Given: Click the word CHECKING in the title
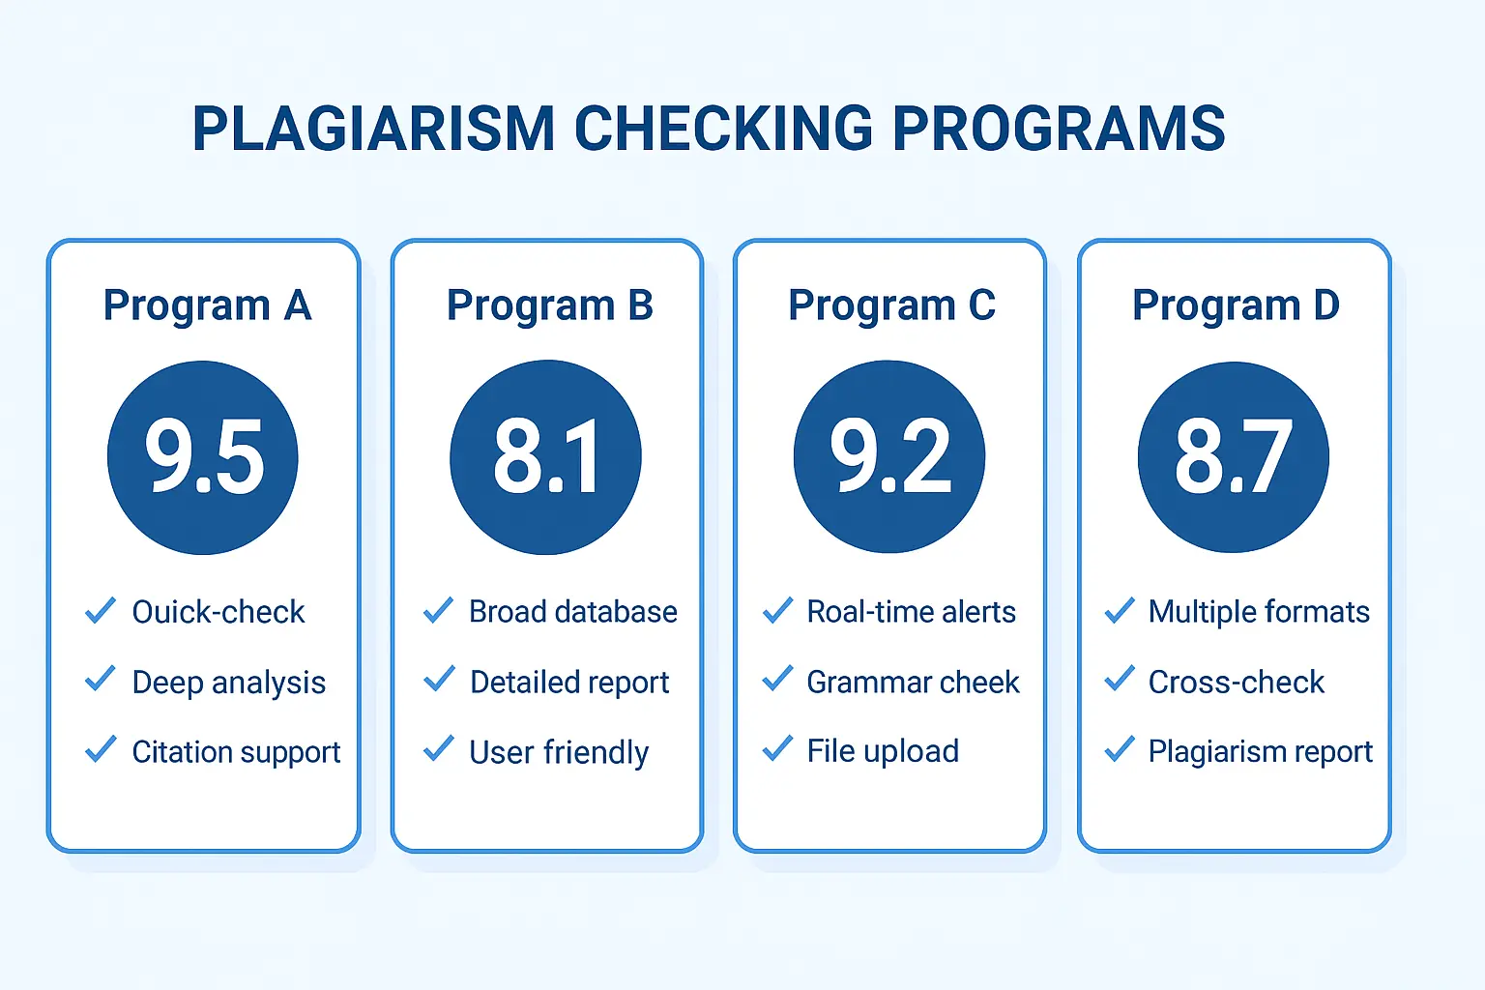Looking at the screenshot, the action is (x=724, y=128).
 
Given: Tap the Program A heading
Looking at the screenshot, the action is (x=207, y=306).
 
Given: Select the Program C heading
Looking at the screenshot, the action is (x=891, y=306).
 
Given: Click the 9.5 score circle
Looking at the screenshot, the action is (x=203, y=457).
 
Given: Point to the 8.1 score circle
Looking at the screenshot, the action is (x=545, y=457).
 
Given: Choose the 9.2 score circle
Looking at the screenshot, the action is (x=889, y=457).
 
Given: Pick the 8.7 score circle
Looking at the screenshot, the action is (x=1233, y=457).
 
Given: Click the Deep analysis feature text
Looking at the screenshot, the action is (x=229, y=683).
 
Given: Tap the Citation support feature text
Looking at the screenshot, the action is (x=236, y=752).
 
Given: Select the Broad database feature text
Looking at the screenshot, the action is (x=572, y=611).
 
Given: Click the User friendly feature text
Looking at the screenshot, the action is (x=559, y=752).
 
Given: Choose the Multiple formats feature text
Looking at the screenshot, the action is (x=1259, y=612).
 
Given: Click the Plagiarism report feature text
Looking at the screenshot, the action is (x=1261, y=752).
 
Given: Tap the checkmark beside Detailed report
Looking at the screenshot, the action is (x=439, y=679).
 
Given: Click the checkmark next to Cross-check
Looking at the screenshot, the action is (x=1120, y=679).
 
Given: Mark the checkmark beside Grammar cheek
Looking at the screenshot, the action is (x=777, y=679).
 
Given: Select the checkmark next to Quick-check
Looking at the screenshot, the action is (x=101, y=610).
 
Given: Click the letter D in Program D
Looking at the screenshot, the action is (x=1325, y=305).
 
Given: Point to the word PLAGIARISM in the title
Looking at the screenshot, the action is (x=373, y=128).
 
